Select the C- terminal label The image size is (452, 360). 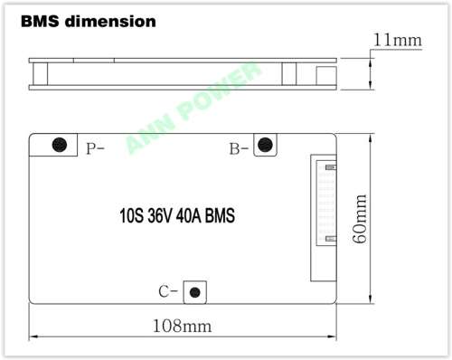click(167, 291)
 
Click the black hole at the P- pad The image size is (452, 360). click(61, 145)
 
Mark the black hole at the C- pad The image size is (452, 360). click(194, 291)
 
